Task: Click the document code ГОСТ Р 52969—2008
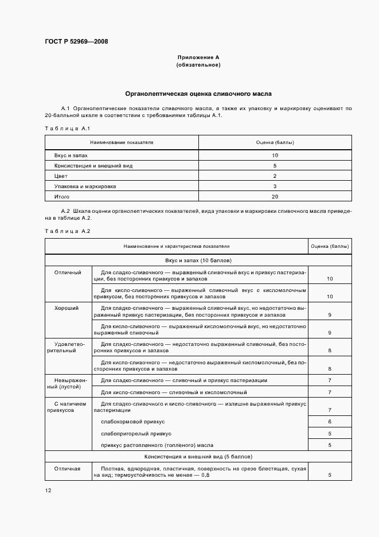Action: [x=76, y=41]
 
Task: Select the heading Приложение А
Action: [x=198, y=57]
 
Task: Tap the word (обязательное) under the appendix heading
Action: [x=198, y=65]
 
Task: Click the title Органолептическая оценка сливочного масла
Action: [x=198, y=93]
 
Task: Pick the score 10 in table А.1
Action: [x=275, y=155]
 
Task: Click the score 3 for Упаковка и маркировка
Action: [x=275, y=186]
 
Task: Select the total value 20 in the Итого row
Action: [x=275, y=196]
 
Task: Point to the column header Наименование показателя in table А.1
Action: [x=121, y=142]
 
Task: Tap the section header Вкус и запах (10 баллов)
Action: [x=198, y=260]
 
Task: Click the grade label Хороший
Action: [x=67, y=308]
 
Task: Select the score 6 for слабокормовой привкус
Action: [x=330, y=422]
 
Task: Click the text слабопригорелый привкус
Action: [x=136, y=433]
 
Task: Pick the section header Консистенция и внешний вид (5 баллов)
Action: [x=198, y=457]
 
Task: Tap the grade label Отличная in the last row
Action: [x=67, y=469]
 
